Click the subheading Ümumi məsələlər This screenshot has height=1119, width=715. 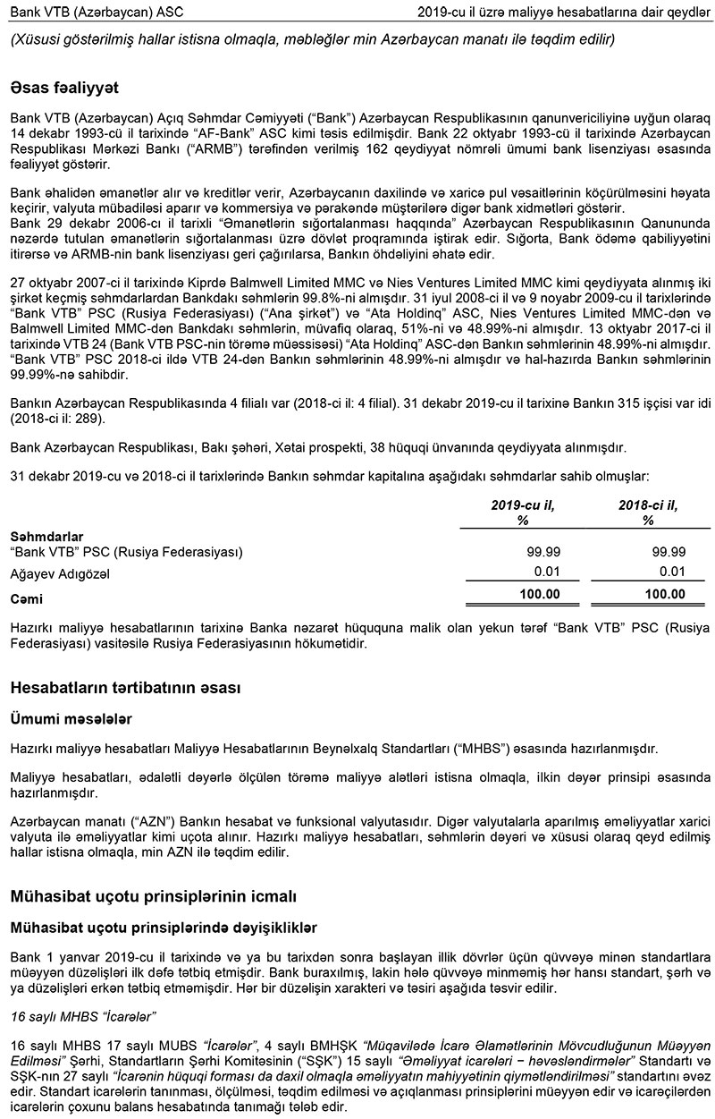pyautogui.click(x=71, y=717)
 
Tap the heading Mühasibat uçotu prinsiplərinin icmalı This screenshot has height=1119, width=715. pyautogui.click(x=153, y=895)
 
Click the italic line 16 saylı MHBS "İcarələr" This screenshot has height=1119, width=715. pyautogui.click(x=83, y=1016)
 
